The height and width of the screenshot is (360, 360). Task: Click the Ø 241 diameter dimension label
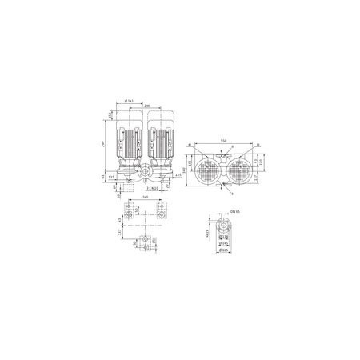click(x=130, y=100)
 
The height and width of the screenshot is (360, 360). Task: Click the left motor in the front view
click(x=130, y=140)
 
